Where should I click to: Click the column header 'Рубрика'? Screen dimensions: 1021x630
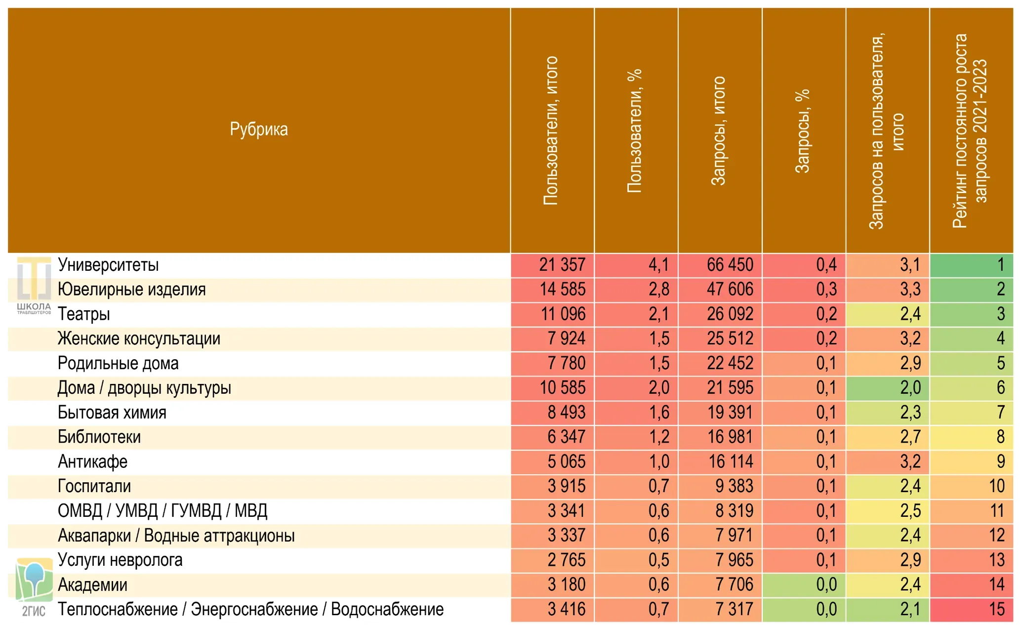259,129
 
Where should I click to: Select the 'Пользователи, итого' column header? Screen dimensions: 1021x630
551,130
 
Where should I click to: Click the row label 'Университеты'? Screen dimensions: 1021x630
108,265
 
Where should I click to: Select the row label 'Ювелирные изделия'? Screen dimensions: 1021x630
131,290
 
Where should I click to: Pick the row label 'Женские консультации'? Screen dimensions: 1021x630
139,339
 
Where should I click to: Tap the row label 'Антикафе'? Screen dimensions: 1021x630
92,462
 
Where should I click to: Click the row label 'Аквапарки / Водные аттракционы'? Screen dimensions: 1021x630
176,536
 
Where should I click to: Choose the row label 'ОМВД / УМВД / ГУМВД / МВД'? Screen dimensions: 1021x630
163,511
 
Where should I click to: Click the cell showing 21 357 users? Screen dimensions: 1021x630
552,265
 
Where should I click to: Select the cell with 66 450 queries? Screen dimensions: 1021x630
720,265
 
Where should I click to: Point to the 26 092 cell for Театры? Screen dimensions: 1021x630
720,314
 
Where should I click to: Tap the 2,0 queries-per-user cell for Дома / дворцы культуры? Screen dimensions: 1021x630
888,388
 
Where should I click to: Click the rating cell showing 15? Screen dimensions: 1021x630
972,609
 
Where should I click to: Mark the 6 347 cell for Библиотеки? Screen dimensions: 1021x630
552,437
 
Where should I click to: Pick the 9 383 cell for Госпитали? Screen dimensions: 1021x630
720,486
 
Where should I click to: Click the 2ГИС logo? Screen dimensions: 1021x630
34,587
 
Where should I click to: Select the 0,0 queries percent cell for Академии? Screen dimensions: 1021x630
804,585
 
